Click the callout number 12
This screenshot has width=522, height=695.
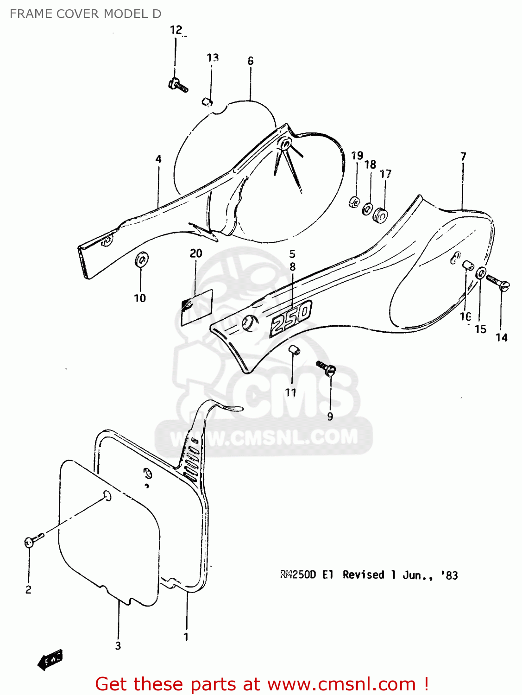click(x=176, y=30)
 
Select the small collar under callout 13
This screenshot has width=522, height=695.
click(x=208, y=101)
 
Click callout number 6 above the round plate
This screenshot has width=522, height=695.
click(x=251, y=61)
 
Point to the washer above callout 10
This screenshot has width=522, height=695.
click(x=141, y=259)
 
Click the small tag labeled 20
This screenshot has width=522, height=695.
click(x=197, y=305)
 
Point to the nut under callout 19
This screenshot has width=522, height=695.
click(x=354, y=202)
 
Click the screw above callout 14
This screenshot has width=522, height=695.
click(x=498, y=281)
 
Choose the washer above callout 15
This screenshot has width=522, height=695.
click(x=481, y=273)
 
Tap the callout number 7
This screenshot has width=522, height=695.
click(x=463, y=157)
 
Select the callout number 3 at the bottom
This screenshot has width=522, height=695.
click(x=118, y=645)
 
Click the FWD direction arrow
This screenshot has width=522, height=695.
click(x=50, y=659)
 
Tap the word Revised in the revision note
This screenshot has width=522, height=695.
click(x=364, y=575)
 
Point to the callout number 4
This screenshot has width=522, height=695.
click(x=158, y=159)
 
